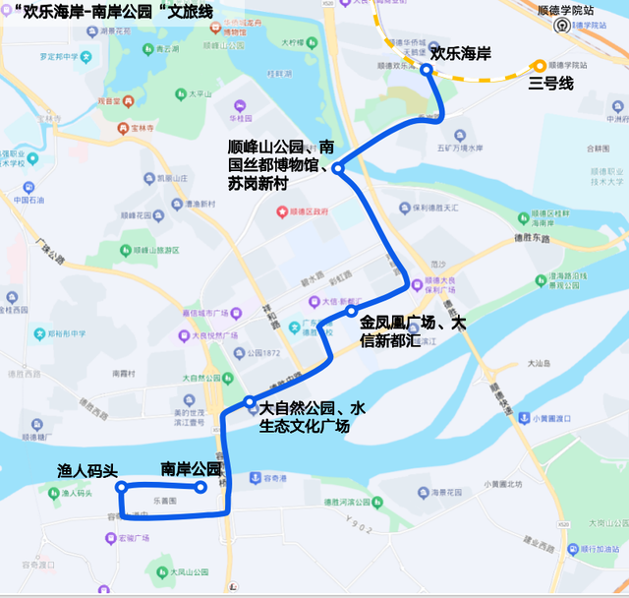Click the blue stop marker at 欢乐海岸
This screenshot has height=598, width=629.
[427, 70]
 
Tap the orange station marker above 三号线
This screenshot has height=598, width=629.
[540, 65]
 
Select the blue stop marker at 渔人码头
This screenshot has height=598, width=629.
[122, 487]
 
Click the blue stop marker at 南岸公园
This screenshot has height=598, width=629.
[200, 487]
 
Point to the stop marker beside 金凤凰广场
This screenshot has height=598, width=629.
[351, 312]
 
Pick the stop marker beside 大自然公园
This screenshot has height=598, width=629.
[251, 401]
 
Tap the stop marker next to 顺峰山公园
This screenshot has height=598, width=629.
[337, 168]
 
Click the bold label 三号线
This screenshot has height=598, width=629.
[550, 84]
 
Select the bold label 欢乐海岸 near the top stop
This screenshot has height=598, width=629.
[461, 53]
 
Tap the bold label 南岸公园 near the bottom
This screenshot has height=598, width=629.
[189, 469]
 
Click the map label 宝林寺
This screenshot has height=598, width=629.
[143, 128]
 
